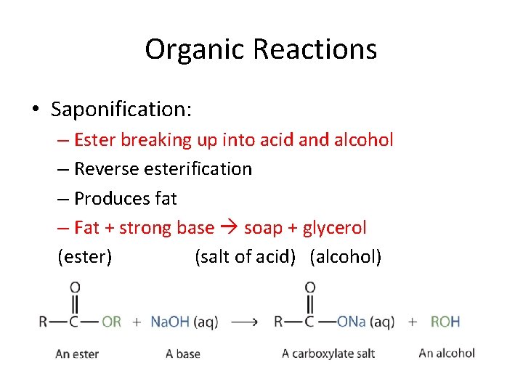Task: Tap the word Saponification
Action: (121, 110)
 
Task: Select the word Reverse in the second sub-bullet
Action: (109, 169)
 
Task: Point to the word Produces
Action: (111, 198)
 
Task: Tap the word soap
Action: (263, 228)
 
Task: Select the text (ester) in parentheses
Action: (85, 257)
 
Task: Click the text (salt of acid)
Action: (245, 257)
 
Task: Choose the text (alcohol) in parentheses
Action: (345, 257)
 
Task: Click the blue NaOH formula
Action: (169, 322)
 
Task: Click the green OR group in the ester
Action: (111, 322)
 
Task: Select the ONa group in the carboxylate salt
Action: (352, 322)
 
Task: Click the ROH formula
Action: (445, 322)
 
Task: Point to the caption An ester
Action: (77, 354)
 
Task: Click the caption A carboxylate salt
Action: (328, 354)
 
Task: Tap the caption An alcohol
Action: (447, 353)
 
